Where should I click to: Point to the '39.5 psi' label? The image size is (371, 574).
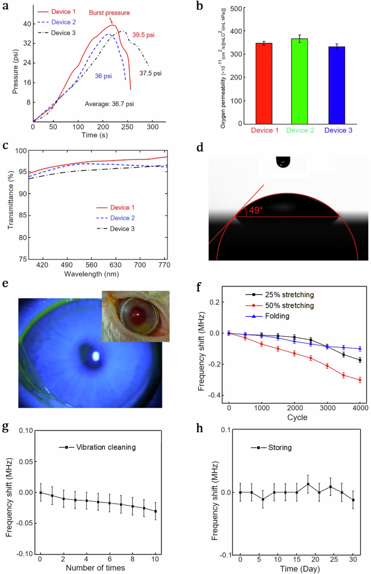tap(144, 35)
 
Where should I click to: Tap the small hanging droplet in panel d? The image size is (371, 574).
tap(283, 162)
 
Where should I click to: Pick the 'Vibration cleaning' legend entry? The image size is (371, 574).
tap(95, 447)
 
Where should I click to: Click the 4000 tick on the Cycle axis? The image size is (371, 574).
tap(360, 407)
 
